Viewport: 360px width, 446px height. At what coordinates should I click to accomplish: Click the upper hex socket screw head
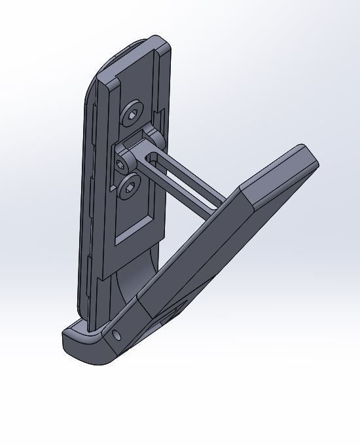click(x=132, y=115)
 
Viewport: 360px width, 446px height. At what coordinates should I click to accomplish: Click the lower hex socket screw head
click(x=129, y=187)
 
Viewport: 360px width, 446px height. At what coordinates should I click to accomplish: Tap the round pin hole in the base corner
click(x=117, y=335)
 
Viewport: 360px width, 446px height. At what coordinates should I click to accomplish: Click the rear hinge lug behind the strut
click(x=157, y=138)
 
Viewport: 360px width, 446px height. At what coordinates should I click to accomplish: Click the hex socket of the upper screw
click(x=132, y=115)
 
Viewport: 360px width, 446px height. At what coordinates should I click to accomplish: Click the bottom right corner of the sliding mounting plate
click(x=162, y=232)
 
